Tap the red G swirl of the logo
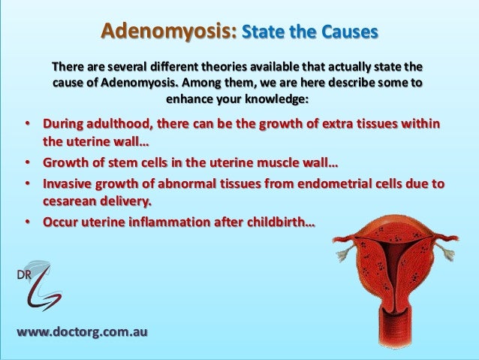[x=41, y=289]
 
